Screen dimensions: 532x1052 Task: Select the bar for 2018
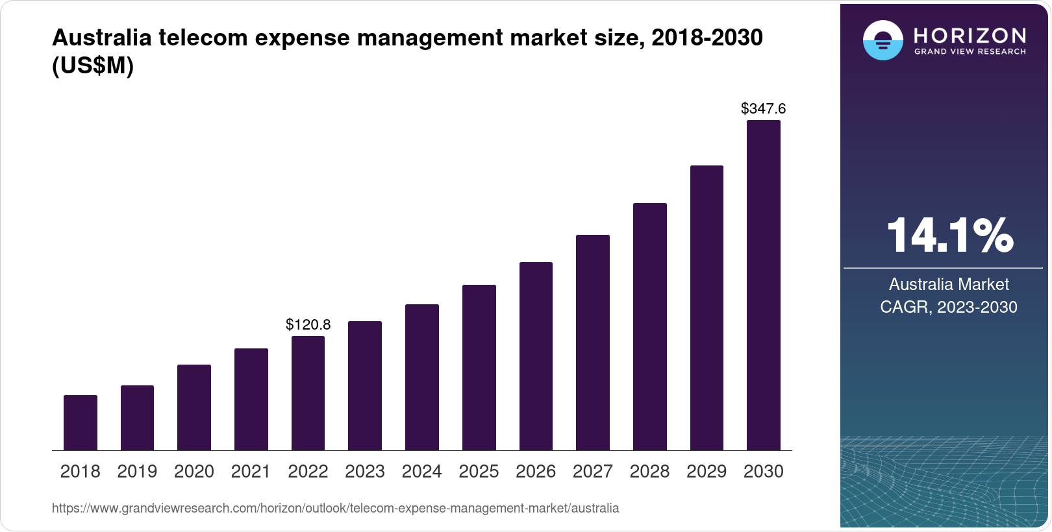tap(81, 422)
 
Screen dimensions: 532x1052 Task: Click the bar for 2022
tap(308, 393)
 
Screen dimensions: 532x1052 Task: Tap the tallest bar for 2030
tap(763, 285)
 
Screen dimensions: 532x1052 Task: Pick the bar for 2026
tap(536, 356)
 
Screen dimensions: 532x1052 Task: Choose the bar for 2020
tap(194, 407)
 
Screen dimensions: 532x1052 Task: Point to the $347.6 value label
tap(763, 108)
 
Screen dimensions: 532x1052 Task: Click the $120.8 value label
tap(308, 324)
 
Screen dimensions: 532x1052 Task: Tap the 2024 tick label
tap(421, 472)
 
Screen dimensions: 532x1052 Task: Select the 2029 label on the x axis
tap(707, 472)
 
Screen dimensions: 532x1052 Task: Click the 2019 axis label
tap(137, 472)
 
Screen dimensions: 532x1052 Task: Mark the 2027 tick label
tap(592, 472)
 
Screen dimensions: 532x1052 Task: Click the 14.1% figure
tap(949, 236)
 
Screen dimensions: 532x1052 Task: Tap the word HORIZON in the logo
tap(970, 35)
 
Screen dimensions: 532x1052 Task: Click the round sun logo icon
tap(883, 41)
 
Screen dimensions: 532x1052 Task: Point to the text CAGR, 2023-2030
tap(948, 307)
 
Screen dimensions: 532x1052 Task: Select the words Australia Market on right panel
tap(948, 284)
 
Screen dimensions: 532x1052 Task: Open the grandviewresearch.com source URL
tap(335, 508)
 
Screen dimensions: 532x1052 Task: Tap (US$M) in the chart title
tap(93, 66)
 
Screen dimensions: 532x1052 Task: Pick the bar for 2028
tap(649, 327)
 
